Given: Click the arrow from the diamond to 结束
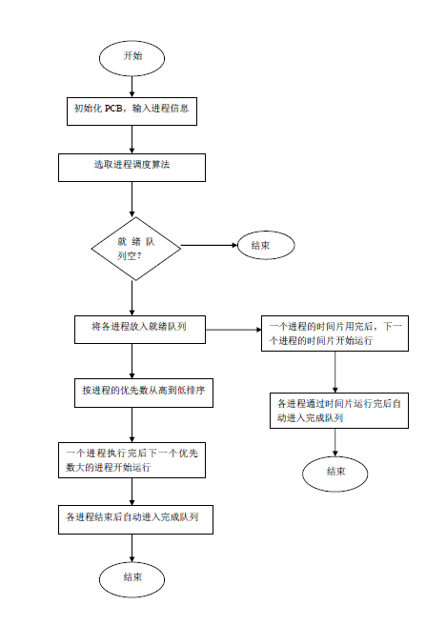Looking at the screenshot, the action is pyautogui.click(x=210, y=245).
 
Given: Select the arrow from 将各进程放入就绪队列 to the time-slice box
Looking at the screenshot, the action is pyautogui.click(x=233, y=330).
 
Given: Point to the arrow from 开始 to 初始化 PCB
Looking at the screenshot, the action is pyautogui.click(x=132, y=87).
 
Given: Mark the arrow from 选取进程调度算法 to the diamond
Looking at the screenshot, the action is pyautogui.click(x=132, y=200).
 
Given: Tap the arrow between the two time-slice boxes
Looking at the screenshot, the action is pyautogui.click(x=335, y=373).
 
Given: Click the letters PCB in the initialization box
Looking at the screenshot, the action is pyautogui.click(x=113, y=109).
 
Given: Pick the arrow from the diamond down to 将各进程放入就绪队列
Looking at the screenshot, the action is pyautogui.click(x=132, y=298).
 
